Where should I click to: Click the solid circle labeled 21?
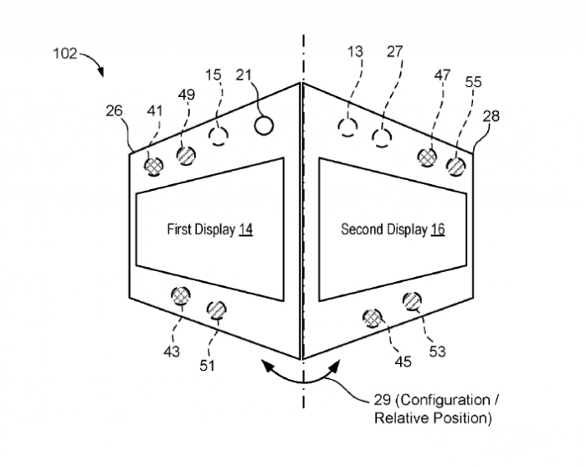tap(264, 126)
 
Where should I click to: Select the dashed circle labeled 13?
tap(347, 127)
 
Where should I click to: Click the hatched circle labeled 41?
tap(153, 166)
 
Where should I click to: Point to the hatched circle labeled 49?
tap(186, 154)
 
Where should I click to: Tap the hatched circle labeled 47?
tap(429, 155)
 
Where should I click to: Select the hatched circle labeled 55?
tap(455, 166)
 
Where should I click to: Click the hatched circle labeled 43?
tap(180, 295)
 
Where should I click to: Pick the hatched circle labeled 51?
tap(216, 309)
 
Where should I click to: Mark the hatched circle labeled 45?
tap(373, 317)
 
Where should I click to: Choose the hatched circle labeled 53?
tap(412, 301)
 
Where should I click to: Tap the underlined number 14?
tap(245, 229)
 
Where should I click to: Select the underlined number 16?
tap(438, 229)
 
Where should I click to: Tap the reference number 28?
tap(491, 116)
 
